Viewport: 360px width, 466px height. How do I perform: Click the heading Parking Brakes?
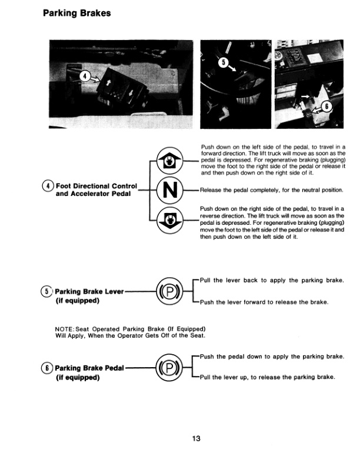(x=77, y=13)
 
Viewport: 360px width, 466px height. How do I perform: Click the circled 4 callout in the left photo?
(x=85, y=76)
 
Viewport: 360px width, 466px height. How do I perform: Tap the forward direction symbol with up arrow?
(x=168, y=159)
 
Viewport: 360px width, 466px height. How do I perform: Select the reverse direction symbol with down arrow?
(x=168, y=221)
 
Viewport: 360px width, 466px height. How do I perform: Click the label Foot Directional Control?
(x=96, y=187)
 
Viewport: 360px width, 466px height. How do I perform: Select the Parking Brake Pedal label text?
(x=89, y=368)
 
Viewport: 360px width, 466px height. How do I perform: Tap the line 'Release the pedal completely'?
(x=271, y=190)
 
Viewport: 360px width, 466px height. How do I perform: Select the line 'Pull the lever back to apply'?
(x=271, y=280)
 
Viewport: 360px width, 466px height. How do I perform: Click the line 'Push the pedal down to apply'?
(x=271, y=357)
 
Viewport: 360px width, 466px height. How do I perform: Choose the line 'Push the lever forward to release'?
(x=264, y=302)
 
